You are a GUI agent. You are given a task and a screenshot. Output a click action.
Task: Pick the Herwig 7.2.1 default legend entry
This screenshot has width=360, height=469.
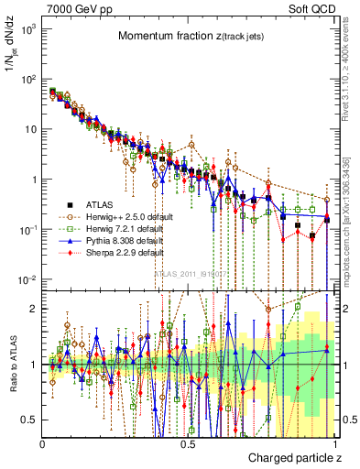[x=117, y=229]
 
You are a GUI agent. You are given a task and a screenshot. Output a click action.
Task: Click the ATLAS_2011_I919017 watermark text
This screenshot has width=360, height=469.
[x=188, y=273]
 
